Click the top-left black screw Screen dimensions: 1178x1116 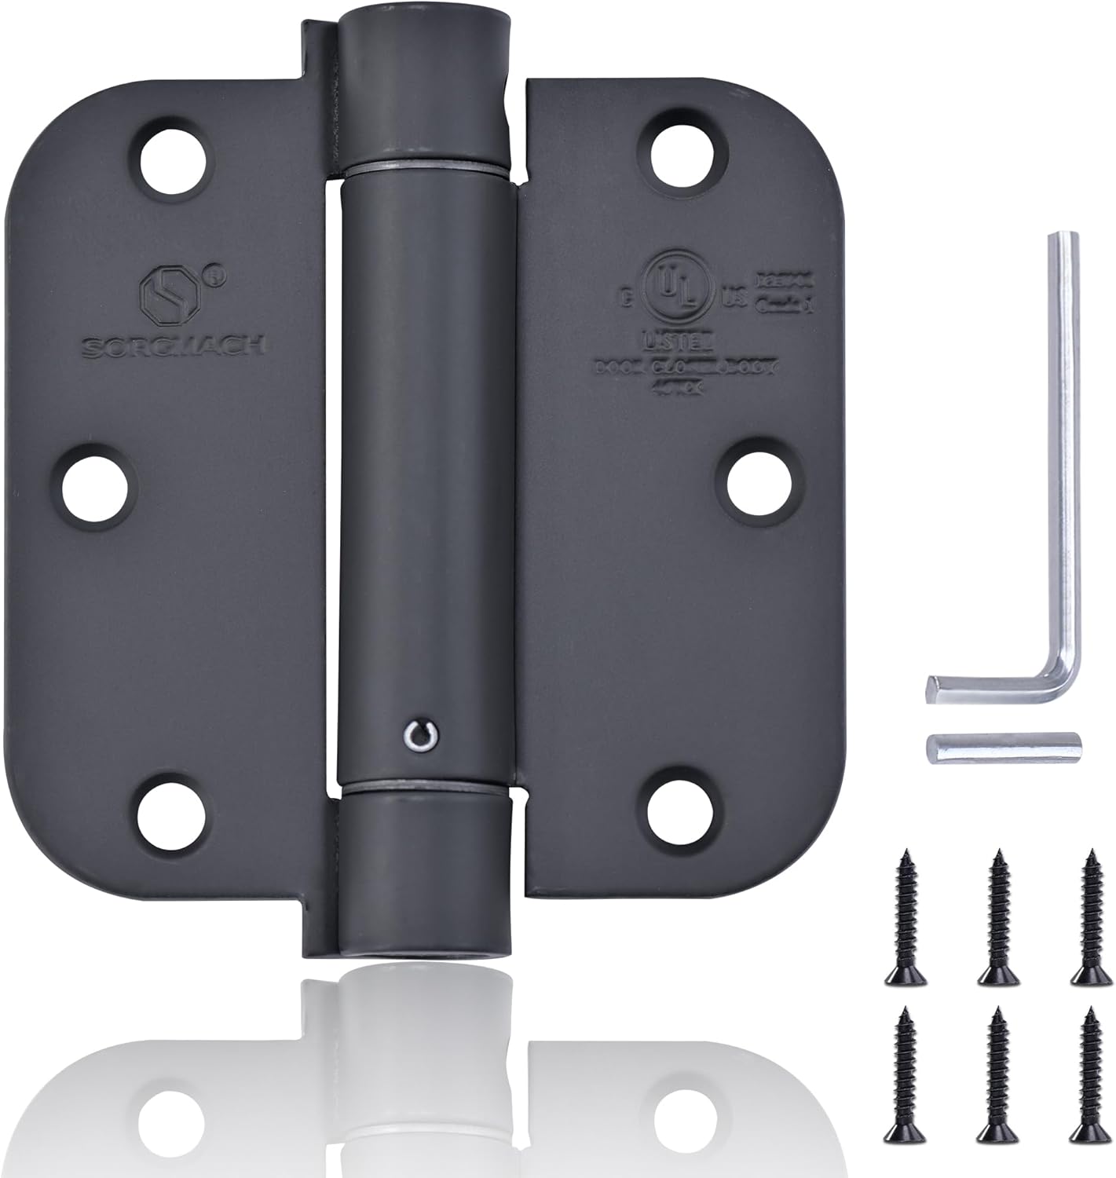coord(903,915)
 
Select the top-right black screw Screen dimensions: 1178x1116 coord(1089,915)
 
